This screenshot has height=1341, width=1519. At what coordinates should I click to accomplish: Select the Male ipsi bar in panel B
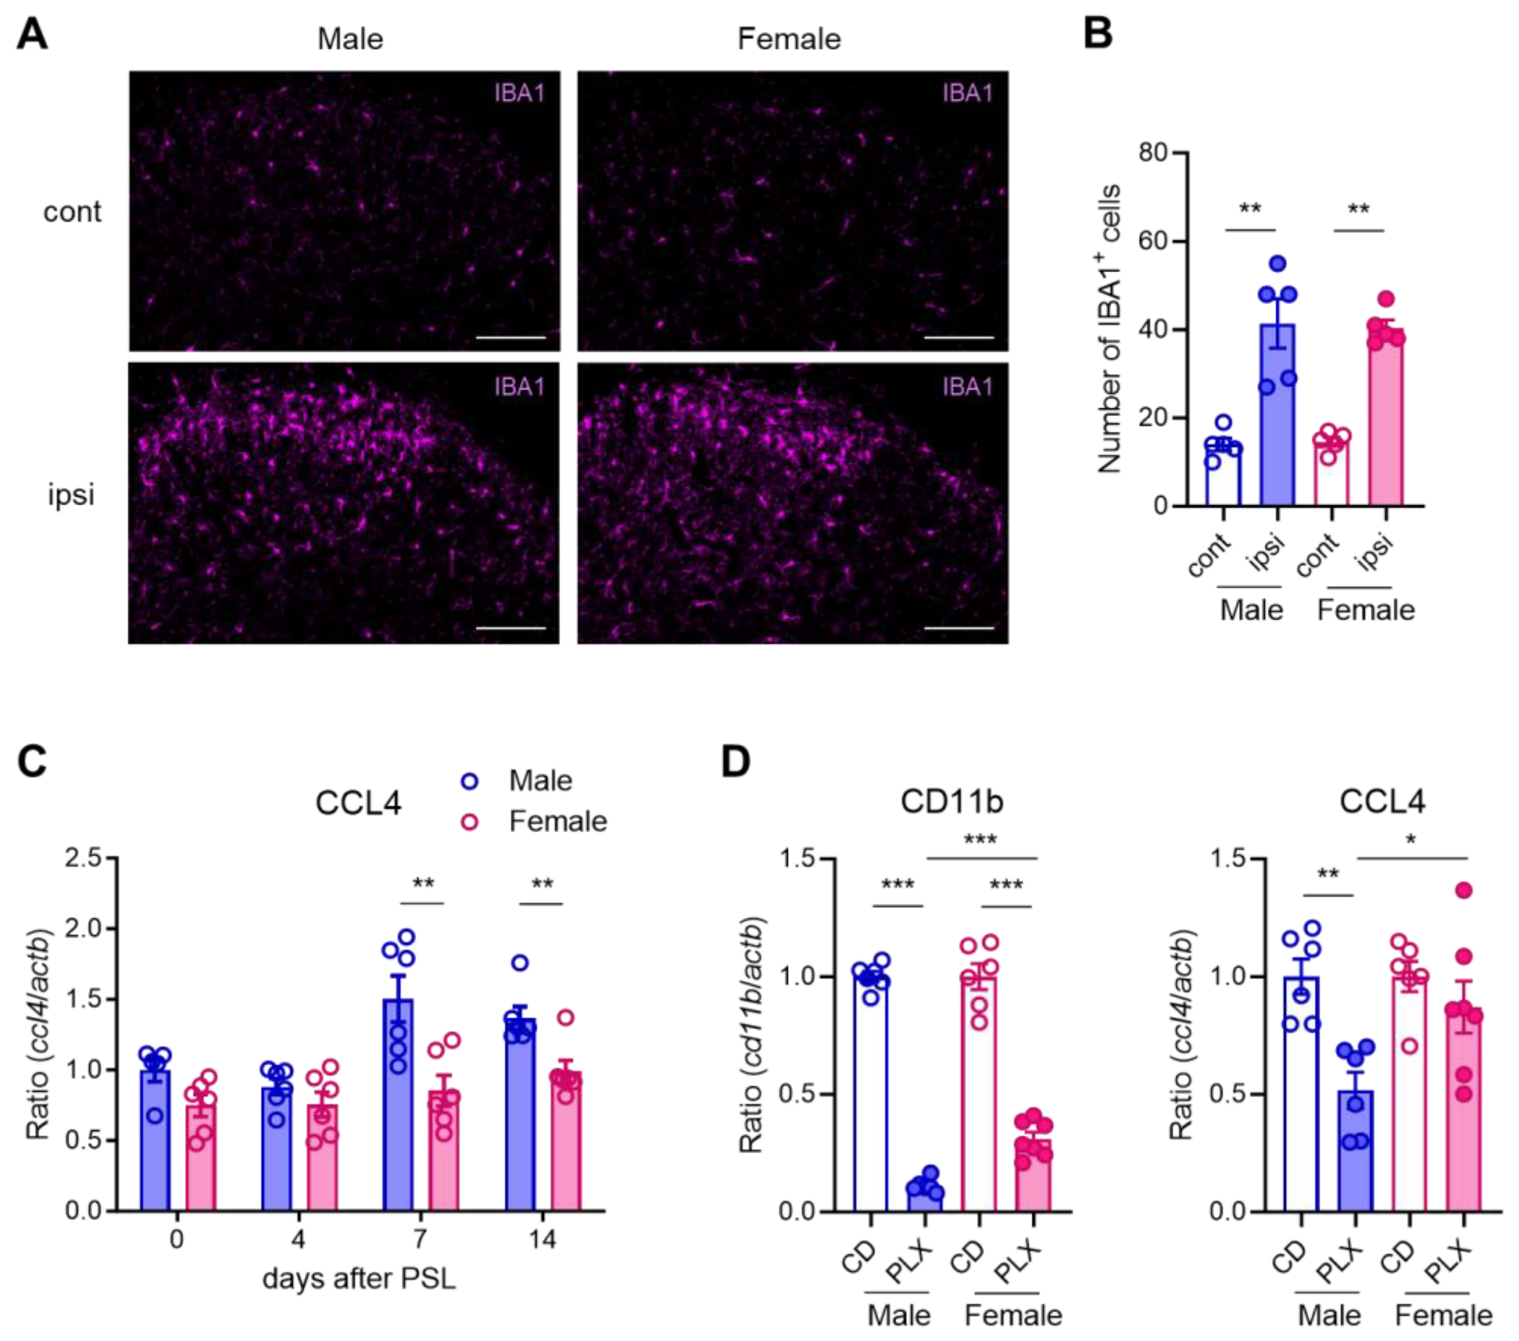coord(1277,416)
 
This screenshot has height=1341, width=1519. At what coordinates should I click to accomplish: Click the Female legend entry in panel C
coord(557,822)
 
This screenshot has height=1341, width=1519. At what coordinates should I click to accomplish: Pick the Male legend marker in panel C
coord(470,781)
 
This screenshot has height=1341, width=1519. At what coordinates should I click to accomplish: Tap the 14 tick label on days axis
coord(542,1239)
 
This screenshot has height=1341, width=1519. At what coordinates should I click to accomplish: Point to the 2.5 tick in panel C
coord(83,858)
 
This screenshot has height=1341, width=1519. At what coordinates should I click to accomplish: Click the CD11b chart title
coord(951,802)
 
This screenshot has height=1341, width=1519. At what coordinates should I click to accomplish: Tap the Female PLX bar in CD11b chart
coord(1034,1175)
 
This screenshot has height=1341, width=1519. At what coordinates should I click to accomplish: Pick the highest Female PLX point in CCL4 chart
coord(1464,890)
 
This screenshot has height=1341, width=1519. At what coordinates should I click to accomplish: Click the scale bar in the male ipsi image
coord(511,628)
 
